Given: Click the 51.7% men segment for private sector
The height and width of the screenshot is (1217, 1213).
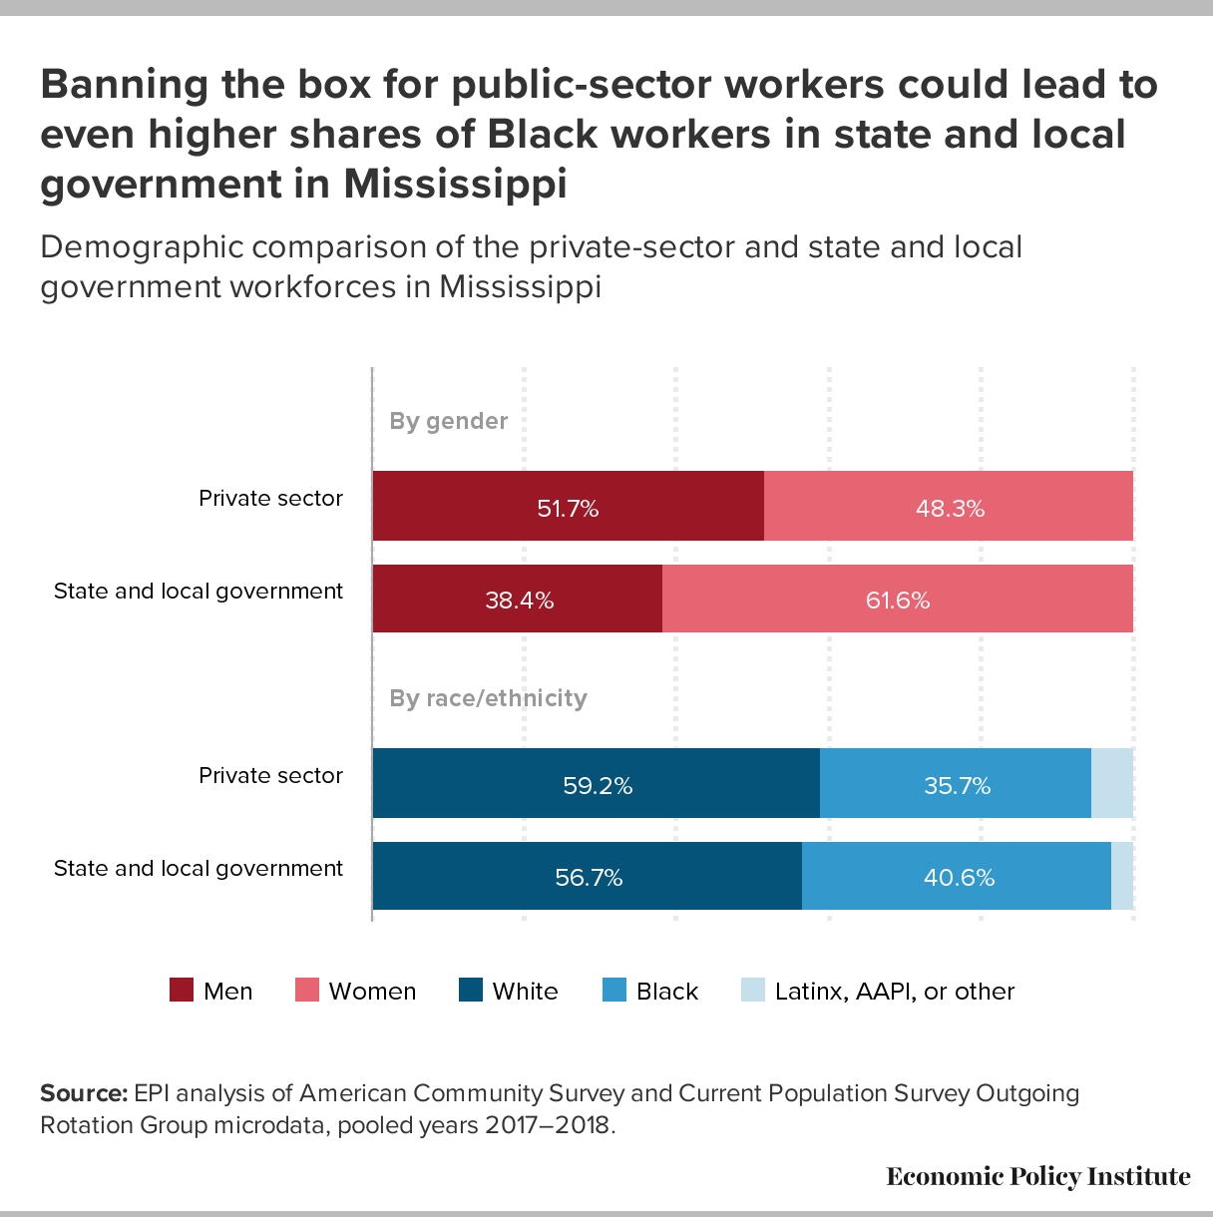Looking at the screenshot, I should pyautogui.click(x=568, y=507).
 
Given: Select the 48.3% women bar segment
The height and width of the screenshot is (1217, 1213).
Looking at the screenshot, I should pyautogui.click(x=949, y=507).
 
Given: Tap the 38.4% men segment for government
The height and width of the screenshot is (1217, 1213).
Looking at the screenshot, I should pyautogui.click(x=518, y=599).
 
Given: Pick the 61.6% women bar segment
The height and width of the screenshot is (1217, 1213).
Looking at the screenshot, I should pyautogui.click(x=898, y=599).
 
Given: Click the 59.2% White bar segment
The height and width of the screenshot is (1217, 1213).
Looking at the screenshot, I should pyautogui.click(x=597, y=784).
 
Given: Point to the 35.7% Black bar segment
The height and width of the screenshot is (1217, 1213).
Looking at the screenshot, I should pyautogui.click(x=956, y=784).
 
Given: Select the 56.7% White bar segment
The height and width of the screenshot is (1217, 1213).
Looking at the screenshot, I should pyautogui.click(x=588, y=876).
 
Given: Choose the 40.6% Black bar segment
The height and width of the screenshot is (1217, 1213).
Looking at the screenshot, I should pyautogui.click(x=957, y=876).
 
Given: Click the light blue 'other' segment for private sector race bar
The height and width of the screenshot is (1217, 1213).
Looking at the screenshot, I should pyautogui.click(x=1112, y=784).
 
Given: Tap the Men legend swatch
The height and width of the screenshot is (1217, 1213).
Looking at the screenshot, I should pyautogui.click(x=182, y=991).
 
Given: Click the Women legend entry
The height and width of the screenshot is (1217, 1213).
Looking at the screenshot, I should pyautogui.click(x=356, y=991).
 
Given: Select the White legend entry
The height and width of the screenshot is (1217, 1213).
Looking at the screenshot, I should pyautogui.click(x=509, y=991).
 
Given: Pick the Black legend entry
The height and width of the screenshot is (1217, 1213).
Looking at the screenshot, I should pyautogui.click(x=650, y=991).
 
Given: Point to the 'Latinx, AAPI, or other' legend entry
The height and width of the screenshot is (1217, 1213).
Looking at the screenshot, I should pyautogui.click(x=878, y=991).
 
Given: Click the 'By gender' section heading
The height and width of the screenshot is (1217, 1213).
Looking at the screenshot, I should pyautogui.click(x=448, y=421).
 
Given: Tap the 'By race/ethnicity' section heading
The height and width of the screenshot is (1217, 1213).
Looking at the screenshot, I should pyautogui.click(x=488, y=698).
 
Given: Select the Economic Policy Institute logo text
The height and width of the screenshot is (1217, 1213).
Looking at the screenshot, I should pyautogui.click(x=1038, y=1177).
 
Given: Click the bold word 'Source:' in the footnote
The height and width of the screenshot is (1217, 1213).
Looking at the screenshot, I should pyautogui.click(x=84, y=1093).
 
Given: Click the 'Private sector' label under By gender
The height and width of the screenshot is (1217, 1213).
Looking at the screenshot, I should pyautogui.click(x=270, y=498).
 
